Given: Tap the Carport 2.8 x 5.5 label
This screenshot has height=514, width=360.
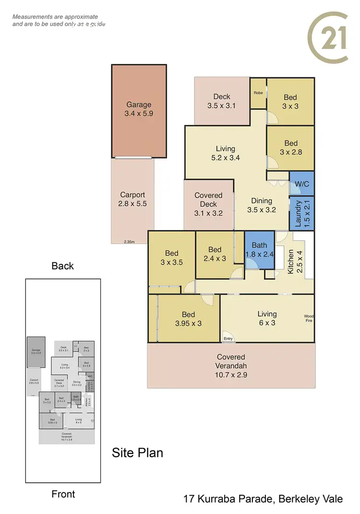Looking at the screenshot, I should [x=132, y=199].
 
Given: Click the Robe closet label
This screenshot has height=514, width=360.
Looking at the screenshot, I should [x=258, y=93].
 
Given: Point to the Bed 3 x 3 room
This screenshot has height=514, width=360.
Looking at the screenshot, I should [x=290, y=101].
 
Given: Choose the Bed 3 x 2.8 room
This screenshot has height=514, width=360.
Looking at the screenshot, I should [x=290, y=148].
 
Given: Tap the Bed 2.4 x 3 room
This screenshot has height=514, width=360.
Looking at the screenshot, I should [x=215, y=254].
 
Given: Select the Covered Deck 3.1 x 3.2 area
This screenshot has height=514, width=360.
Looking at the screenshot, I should [x=208, y=205].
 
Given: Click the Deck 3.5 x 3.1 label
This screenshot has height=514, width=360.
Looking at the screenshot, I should [x=221, y=101].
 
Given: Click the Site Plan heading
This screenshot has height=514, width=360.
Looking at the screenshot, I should [x=137, y=453].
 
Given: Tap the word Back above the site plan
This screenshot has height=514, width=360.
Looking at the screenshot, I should [x=62, y=266].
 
